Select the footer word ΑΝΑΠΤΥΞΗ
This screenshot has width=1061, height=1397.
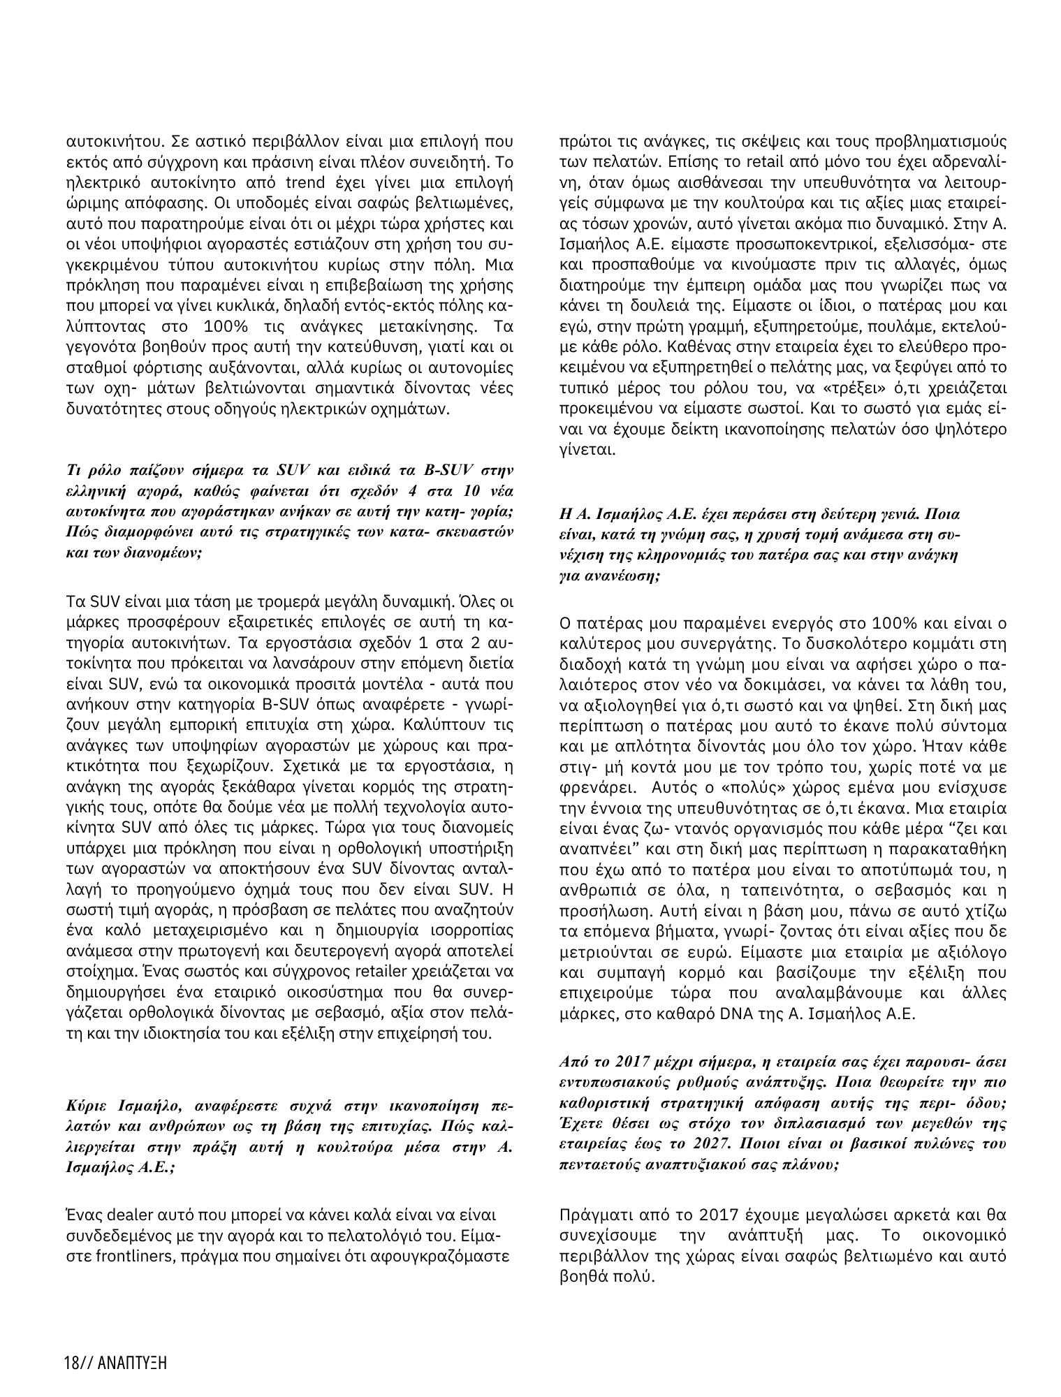[138, 1363]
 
